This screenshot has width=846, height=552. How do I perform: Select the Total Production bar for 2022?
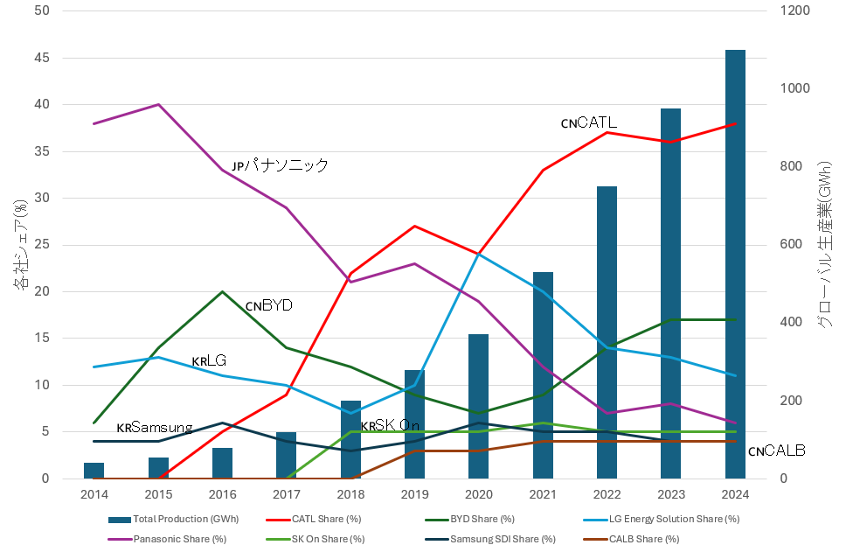tap(607, 332)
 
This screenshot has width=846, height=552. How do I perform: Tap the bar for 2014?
tap(94, 471)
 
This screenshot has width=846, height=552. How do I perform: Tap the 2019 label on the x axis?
tap(414, 494)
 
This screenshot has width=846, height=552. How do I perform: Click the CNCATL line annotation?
tap(589, 123)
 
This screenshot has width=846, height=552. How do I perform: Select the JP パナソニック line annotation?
tap(280, 165)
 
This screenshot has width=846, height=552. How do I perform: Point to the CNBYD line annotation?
tap(268, 305)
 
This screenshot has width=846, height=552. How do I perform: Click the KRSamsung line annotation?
tap(154, 428)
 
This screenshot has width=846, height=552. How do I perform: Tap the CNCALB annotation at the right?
tap(776, 451)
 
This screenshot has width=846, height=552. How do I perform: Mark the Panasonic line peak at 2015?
tap(158, 104)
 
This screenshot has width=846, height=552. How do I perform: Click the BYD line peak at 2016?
tap(222, 291)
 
